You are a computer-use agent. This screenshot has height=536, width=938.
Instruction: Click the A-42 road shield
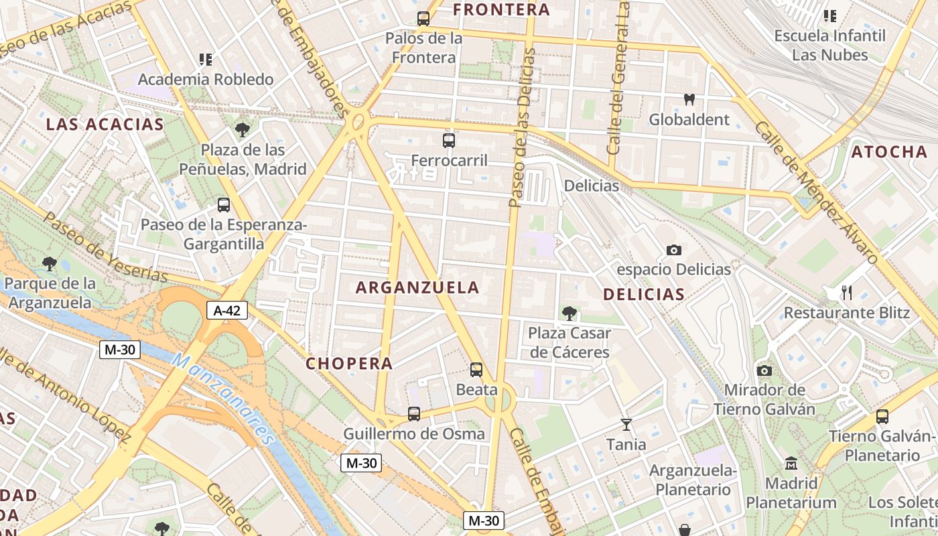(227, 310)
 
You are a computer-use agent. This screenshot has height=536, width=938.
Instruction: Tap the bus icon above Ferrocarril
(449, 141)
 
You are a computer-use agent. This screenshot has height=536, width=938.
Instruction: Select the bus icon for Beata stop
(476, 369)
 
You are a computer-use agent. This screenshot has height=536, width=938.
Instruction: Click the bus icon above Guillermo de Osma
(414, 414)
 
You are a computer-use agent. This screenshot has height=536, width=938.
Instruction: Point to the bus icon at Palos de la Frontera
(423, 19)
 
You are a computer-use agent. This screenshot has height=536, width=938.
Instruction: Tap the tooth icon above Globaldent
(689, 100)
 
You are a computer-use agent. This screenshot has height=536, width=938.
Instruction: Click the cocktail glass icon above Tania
(626, 424)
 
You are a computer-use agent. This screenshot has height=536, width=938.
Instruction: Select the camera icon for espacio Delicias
(673, 250)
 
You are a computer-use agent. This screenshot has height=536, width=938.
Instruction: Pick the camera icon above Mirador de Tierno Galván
(764, 371)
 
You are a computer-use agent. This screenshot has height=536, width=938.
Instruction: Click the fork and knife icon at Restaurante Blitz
(846, 292)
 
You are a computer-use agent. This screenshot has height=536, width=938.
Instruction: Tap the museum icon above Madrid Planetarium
(791, 463)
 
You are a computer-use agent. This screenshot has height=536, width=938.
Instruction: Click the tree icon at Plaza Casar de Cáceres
(569, 312)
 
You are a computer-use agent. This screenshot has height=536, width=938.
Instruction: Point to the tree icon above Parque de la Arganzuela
(49, 263)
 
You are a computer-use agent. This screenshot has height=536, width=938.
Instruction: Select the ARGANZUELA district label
(417, 287)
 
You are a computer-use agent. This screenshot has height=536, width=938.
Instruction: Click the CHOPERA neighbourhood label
(349, 363)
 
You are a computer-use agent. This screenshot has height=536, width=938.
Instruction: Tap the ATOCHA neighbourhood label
(889, 152)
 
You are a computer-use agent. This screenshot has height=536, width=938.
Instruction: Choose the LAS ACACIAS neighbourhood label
(105, 124)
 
